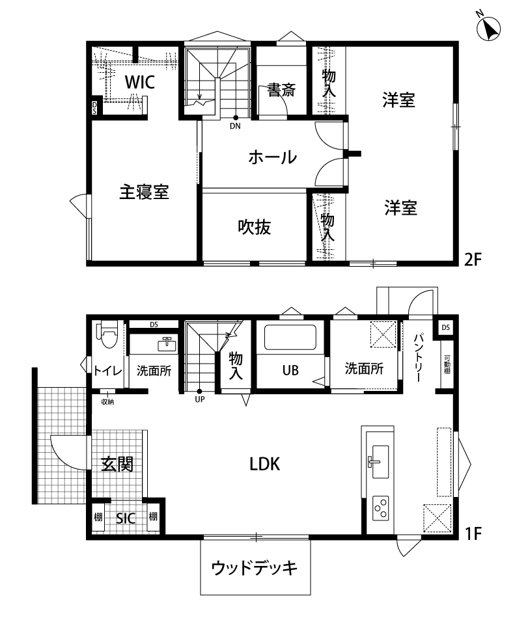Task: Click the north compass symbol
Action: [x=488, y=27]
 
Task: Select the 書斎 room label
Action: [x=281, y=90]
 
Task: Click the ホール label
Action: [x=272, y=157]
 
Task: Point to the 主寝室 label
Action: [x=143, y=192]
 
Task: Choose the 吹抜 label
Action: [x=253, y=227]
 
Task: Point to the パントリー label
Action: [x=419, y=358]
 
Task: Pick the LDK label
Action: [x=264, y=464]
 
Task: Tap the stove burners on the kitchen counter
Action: [x=380, y=506]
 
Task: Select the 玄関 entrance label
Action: [x=117, y=464]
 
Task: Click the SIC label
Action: [x=125, y=518]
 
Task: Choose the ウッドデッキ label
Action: [x=255, y=568]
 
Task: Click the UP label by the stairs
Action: [x=199, y=399]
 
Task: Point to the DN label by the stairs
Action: [x=235, y=126]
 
